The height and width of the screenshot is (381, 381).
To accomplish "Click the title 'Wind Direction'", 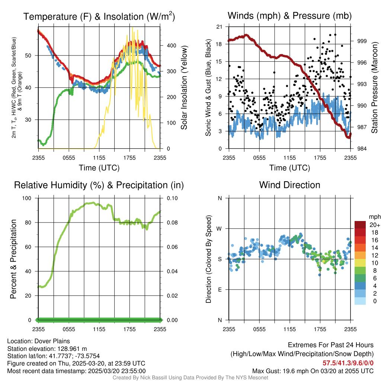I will [289, 185].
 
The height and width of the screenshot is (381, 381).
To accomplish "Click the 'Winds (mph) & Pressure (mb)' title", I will [289, 16].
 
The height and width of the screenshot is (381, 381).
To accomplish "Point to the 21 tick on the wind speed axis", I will [219, 27].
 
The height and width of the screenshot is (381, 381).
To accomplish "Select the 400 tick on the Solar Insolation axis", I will [171, 45].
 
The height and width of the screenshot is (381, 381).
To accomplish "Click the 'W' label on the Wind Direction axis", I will [220, 228].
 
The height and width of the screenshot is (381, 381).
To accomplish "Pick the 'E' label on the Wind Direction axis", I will [220, 289].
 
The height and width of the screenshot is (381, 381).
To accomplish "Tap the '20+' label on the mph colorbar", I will [375, 225].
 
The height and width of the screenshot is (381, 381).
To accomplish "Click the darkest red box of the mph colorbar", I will [360, 225].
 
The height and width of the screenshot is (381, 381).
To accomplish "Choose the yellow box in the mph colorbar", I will [360, 263].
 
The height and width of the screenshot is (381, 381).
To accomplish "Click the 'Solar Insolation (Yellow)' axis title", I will [184, 87].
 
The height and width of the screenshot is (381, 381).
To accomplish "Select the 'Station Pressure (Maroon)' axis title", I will [375, 87].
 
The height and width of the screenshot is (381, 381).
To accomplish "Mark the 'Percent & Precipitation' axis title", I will [13, 259].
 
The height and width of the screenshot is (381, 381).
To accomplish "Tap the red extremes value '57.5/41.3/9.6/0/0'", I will [348, 363].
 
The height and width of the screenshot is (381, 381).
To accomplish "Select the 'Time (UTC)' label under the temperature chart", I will [99, 168].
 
